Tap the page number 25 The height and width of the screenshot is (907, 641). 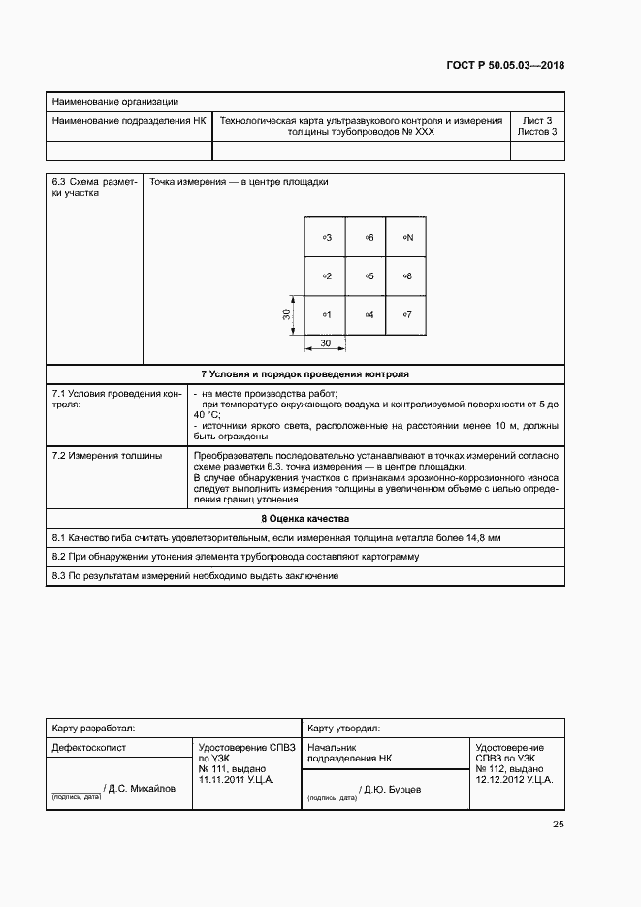(558, 825)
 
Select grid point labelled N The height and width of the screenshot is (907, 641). (407, 237)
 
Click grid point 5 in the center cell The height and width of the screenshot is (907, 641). (368, 276)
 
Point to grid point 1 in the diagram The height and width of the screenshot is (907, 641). (326, 315)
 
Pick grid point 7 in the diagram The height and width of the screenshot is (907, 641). (407, 315)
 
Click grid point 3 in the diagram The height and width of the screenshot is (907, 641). (326, 237)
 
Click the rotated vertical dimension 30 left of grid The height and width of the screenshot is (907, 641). (287, 315)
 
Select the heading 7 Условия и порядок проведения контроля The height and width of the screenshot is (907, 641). (304, 373)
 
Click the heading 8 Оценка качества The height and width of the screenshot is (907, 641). (304, 519)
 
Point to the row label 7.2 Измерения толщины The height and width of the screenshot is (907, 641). (107, 454)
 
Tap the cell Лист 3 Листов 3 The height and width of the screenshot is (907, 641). (536, 127)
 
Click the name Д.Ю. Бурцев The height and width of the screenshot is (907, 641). (393, 790)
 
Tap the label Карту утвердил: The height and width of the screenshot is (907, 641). (344, 727)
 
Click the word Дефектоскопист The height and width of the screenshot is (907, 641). (88, 748)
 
